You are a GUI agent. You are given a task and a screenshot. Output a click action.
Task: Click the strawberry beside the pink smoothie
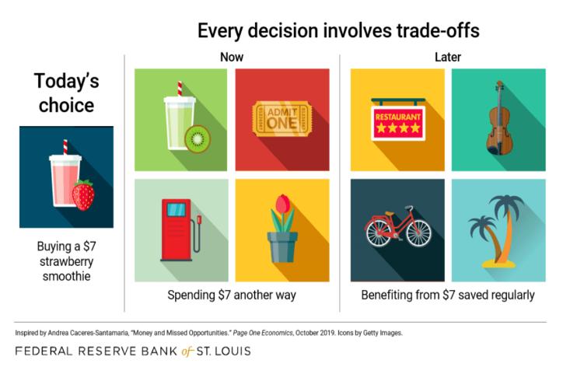83,194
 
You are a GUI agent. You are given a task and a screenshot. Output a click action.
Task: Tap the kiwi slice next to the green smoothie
198,138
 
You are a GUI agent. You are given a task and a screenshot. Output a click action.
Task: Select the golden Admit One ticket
281,118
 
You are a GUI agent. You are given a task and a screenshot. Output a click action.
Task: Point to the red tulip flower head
282,204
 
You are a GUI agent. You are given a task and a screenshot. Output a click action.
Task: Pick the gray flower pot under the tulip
282,247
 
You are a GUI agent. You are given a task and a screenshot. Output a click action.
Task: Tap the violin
499,118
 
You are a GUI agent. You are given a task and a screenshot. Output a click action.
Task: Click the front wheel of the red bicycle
419,232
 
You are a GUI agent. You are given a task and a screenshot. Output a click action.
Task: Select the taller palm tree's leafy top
507,203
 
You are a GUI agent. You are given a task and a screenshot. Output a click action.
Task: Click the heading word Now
232,57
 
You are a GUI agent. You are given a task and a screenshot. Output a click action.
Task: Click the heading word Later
448,57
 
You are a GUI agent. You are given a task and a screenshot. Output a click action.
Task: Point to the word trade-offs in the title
438,30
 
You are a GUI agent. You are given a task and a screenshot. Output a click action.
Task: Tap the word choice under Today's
66,105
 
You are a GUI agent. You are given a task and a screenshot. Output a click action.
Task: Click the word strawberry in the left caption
66,261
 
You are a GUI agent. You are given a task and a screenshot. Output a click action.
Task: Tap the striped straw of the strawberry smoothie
65,147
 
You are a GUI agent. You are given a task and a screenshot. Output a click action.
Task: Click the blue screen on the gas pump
177,209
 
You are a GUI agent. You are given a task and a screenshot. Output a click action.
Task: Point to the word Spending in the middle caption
191,295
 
